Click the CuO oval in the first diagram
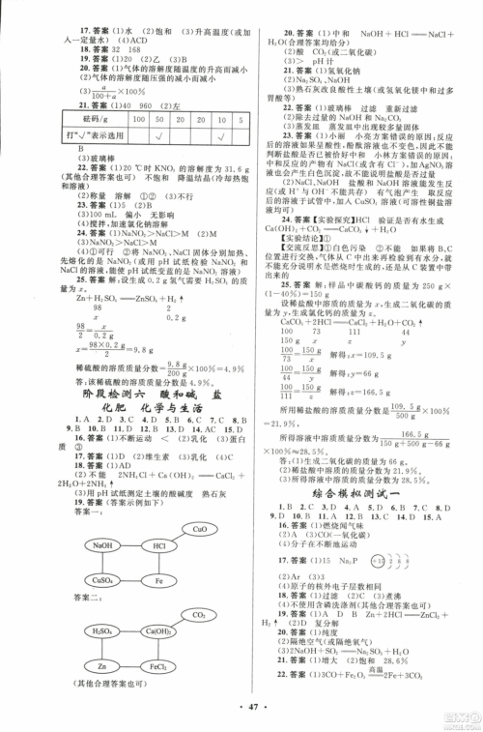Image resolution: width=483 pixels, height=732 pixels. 199,530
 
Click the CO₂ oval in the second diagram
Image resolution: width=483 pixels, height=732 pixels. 199,615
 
